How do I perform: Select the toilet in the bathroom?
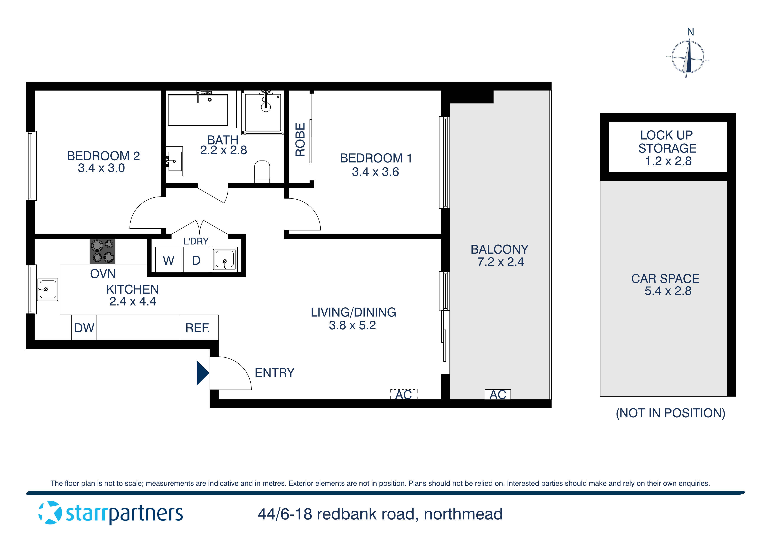coord(262,172)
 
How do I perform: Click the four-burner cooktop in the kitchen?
coord(102,251)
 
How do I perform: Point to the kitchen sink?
coord(47,289)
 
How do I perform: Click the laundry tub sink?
coord(224,259)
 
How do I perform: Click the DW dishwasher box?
coord(84,328)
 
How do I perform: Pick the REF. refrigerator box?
coord(198,328)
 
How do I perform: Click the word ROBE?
coord(300,139)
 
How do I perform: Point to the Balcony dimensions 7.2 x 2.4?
coord(500,262)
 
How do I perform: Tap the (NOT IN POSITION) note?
coord(670,413)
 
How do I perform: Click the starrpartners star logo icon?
coord(50,513)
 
